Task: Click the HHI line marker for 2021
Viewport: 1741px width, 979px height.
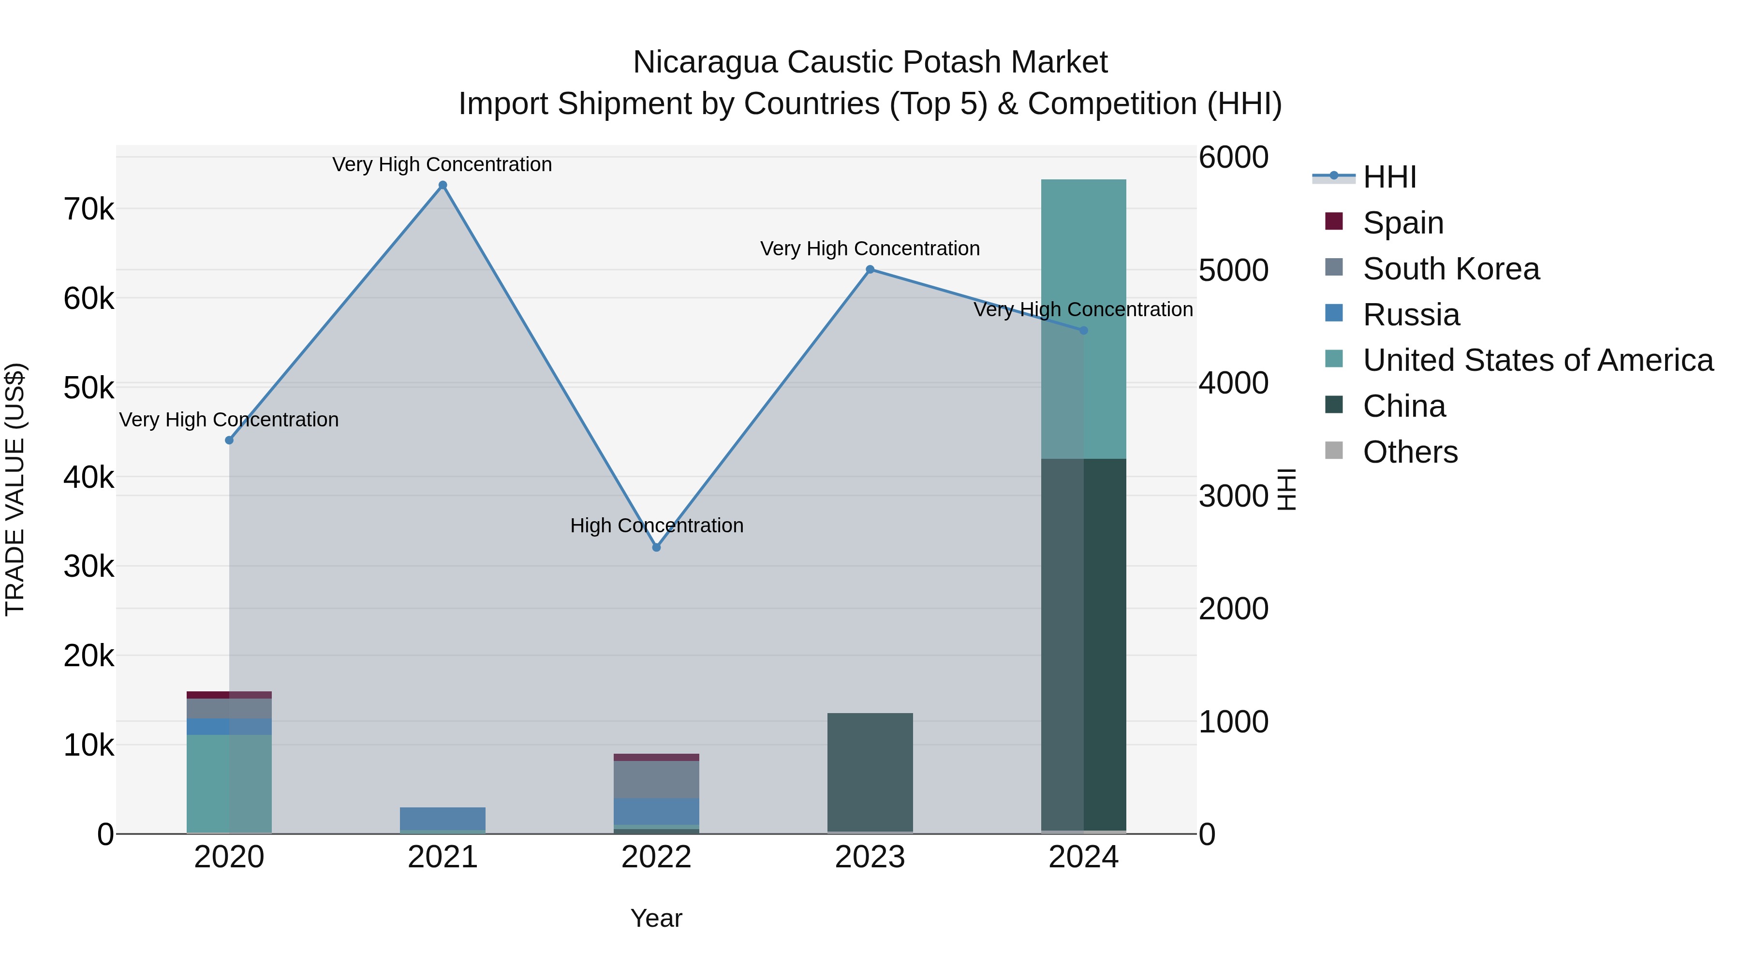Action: click(443, 185)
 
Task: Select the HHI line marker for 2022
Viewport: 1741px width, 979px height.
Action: click(656, 547)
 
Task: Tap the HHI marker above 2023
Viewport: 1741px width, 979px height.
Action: click(870, 270)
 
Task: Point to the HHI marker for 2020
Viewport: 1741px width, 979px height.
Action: click(229, 440)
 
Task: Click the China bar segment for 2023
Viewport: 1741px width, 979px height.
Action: click(870, 772)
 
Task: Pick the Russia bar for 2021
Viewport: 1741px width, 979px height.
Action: click(443, 818)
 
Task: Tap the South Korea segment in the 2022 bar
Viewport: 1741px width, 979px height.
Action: click(656, 779)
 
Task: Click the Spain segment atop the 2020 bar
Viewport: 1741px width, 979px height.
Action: click(229, 695)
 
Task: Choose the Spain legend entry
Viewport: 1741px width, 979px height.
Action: click(1403, 223)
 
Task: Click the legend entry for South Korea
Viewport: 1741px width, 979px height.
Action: click(1451, 269)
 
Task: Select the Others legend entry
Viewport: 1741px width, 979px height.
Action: click(1410, 452)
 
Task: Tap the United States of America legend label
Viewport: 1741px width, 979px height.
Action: click(1537, 360)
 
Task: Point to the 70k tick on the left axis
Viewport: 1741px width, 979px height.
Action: click(89, 209)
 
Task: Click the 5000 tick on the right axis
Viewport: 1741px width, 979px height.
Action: click(1233, 270)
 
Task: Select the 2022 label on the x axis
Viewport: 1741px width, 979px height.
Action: click(656, 857)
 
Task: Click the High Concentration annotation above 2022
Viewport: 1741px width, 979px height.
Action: click(656, 526)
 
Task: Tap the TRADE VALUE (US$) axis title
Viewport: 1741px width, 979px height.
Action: click(15, 489)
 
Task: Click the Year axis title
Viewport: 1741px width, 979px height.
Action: click(656, 918)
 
